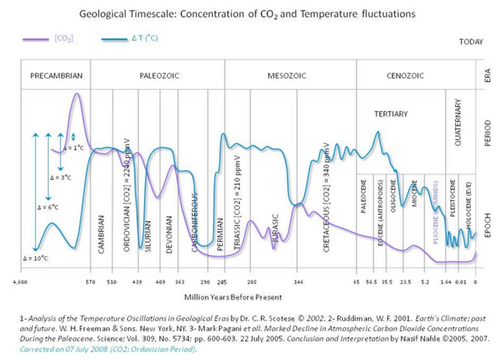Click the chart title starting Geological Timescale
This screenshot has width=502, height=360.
point(250,12)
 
